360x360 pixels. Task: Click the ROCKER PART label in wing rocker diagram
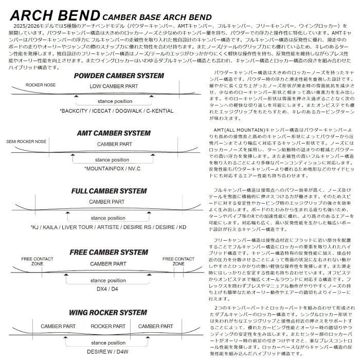(x=108, y=326)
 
